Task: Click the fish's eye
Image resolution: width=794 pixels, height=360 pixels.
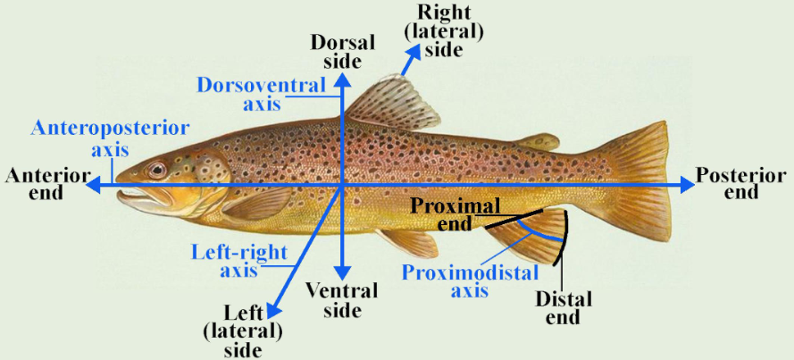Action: (x=157, y=170)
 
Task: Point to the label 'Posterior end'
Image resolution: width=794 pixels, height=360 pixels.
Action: (x=740, y=183)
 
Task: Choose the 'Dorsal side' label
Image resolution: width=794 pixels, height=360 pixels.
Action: (x=337, y=52)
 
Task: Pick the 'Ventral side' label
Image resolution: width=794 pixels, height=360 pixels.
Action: (x=342, y=300)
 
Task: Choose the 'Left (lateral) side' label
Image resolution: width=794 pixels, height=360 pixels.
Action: (x=243, y=331)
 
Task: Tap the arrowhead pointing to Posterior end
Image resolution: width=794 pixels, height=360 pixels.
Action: (x=687, y=184)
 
